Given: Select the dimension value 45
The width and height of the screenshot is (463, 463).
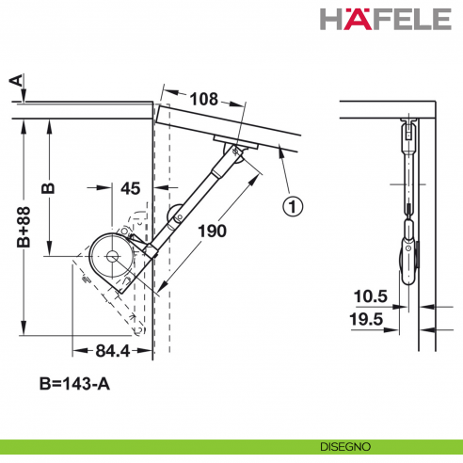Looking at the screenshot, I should pos(131,189).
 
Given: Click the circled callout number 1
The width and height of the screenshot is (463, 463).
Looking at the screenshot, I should pos(294,203).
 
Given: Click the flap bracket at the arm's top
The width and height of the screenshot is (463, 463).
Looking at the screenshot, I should pos(235,147).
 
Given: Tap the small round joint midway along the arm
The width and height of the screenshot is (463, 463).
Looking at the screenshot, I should pos(176,217).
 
